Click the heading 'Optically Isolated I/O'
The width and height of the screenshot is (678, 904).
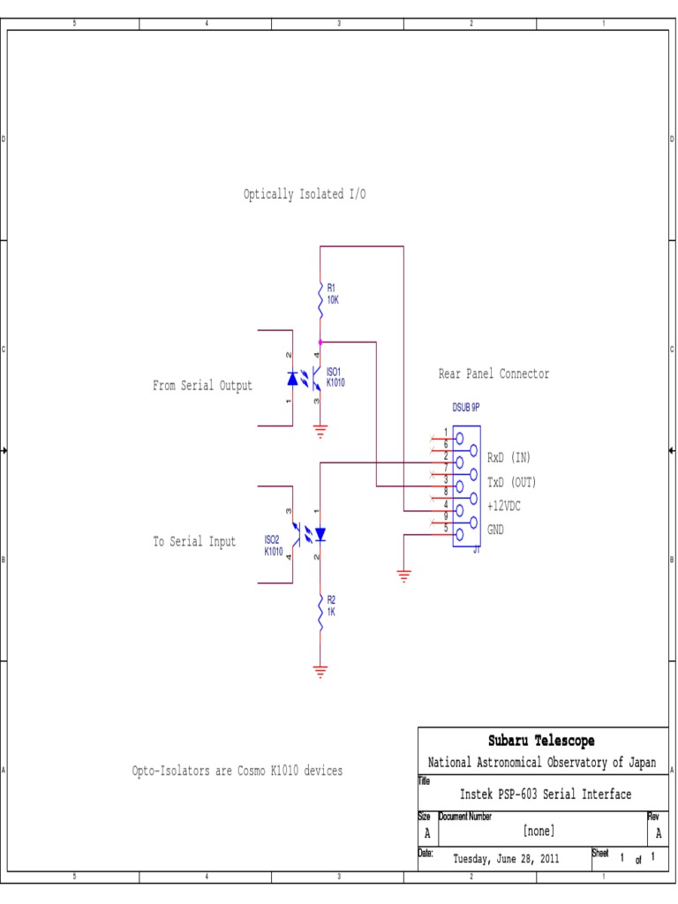pos(305,194)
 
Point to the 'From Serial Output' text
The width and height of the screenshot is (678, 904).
pos(202,386)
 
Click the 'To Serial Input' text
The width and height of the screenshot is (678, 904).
pos(195,542)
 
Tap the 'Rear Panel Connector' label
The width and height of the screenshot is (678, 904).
pos(493,374)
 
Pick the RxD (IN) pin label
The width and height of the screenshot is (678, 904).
pos(508,457)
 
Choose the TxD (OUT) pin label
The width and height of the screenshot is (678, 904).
pos(512,482)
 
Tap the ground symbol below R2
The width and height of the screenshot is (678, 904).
pos(320,668)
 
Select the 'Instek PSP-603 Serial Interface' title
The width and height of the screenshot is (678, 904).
pos(545,795)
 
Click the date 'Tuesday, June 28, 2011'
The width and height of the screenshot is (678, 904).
pos(506,857)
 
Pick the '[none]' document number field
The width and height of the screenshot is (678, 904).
pos(539,830)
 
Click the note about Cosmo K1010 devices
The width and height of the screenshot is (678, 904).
pos(237,771)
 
